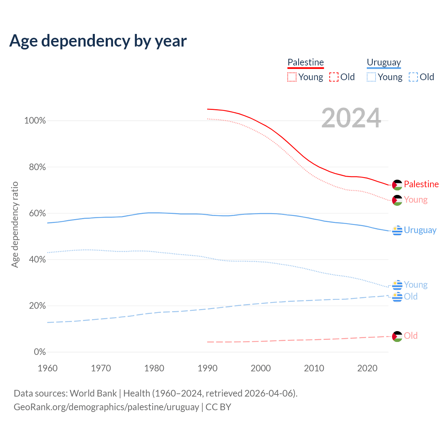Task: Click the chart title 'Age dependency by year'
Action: point(98,41)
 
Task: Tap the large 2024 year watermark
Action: point(351,118)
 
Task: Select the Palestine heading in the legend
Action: point(306,62)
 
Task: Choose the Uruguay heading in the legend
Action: point(384,62)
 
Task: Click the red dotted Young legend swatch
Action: point(292,77)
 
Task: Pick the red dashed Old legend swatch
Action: point(334,77)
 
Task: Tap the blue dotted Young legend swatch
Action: point(371,77)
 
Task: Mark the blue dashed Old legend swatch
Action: point(413,77)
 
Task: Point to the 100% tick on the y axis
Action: point(35,121)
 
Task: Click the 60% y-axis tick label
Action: point(37,213)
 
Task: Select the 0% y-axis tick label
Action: point(40,352)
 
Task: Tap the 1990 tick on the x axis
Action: point(208,368)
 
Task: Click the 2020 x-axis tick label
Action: point(367,368)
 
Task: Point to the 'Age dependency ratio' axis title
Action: point(15,224)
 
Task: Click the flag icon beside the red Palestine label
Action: point(397,185)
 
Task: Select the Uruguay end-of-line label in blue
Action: point(420,230)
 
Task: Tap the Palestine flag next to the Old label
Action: point(397,336)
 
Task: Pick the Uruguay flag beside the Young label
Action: point(397,285)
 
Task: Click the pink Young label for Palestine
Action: point(416,200)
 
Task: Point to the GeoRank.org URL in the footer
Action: point(106,407)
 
